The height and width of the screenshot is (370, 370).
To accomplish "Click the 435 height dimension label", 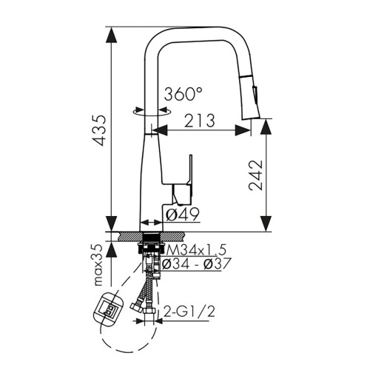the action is click(98, 130).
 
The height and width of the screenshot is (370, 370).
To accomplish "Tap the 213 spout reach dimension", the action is click(200, 121).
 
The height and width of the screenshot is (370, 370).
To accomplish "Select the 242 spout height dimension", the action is click(255, 175).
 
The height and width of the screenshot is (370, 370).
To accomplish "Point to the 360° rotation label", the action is click(183, 94).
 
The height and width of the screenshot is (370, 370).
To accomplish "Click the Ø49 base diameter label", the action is click(182, 214).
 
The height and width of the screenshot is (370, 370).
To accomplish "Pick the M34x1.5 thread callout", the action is click(196, 250).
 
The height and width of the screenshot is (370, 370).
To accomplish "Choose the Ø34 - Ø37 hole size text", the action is click(196, 263).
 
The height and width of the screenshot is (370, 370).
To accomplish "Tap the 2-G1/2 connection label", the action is click(189, 312).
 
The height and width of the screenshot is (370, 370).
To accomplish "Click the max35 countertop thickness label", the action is click(98, 265).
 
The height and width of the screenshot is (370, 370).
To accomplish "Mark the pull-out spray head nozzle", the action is click(249, 98).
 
